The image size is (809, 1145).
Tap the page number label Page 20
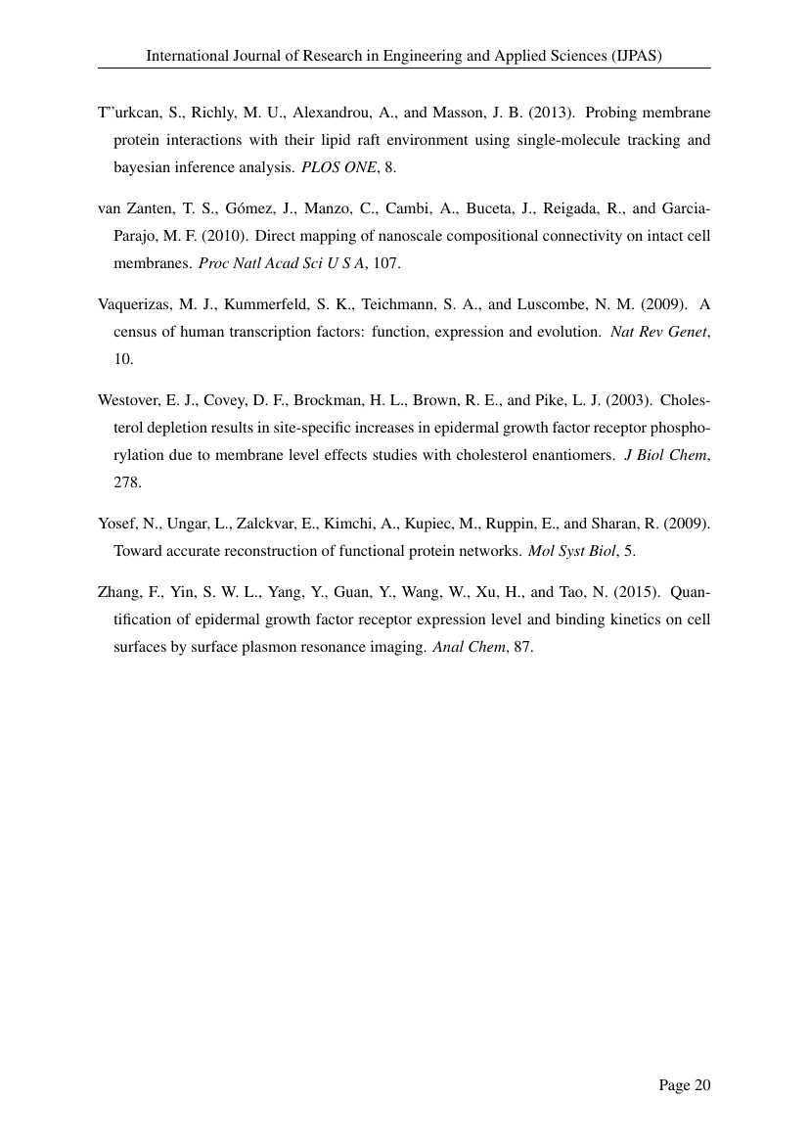pyautogui.click(x=684, y=1084)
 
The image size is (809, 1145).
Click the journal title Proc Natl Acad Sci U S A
pyautogui.click(x=280, y=263)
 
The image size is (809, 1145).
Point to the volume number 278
pyautogui.click(x=127, y=482)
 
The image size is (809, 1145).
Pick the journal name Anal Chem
pyautogui.click(x=469, y=647)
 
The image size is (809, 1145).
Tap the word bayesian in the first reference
pyautogui.click(x=144, y=167)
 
